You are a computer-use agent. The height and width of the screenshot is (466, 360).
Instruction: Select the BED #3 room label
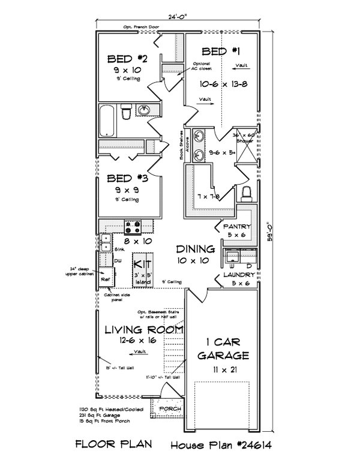tap(127, 178)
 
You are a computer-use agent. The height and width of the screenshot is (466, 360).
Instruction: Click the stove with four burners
tap(133, 227)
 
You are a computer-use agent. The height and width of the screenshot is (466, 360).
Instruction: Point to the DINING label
tap(196, 249)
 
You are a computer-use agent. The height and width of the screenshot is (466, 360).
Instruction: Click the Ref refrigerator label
tap(104, 278)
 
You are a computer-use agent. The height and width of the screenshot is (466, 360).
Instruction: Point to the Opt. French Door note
tap(140, 28)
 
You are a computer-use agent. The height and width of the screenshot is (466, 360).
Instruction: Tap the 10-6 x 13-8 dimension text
tap(222, 84)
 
